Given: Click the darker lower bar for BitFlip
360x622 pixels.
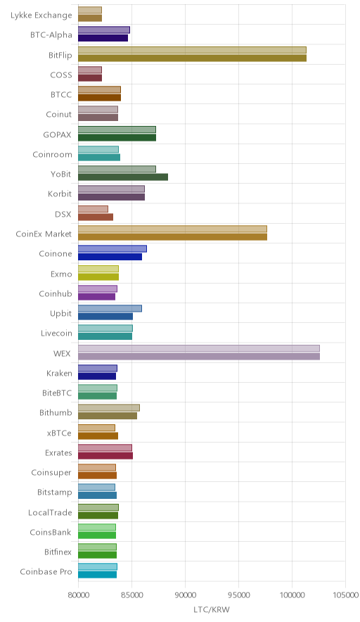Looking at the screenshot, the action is (192, 58).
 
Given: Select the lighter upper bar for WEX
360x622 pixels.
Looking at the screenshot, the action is (199, 348).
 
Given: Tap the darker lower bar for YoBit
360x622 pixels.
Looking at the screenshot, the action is (123, 177).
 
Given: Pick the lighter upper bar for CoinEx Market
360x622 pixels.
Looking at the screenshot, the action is (172, 229).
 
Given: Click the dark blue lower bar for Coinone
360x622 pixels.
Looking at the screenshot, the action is (110, 257).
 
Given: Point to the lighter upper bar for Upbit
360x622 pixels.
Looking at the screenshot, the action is (110, 309).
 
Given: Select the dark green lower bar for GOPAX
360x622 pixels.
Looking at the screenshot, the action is (117, 138).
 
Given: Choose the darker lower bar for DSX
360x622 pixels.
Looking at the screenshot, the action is (96, 217).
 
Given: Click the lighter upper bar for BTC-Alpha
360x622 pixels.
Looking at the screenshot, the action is (104, 30).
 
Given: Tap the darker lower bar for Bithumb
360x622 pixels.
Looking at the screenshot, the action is (108, 416).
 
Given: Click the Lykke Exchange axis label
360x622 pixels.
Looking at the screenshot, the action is (41, 15).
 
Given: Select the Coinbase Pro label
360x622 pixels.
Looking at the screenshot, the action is (46, 571).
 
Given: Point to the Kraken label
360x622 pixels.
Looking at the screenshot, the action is (59, 374).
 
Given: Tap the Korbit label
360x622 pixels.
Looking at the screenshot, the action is (60, 194).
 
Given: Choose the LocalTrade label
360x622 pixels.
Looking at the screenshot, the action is (50, 512).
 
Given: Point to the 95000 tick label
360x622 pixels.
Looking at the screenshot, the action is (238, 595).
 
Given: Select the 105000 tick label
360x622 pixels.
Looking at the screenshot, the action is (345, 595).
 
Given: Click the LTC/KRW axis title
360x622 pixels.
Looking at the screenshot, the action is (212, 610).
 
